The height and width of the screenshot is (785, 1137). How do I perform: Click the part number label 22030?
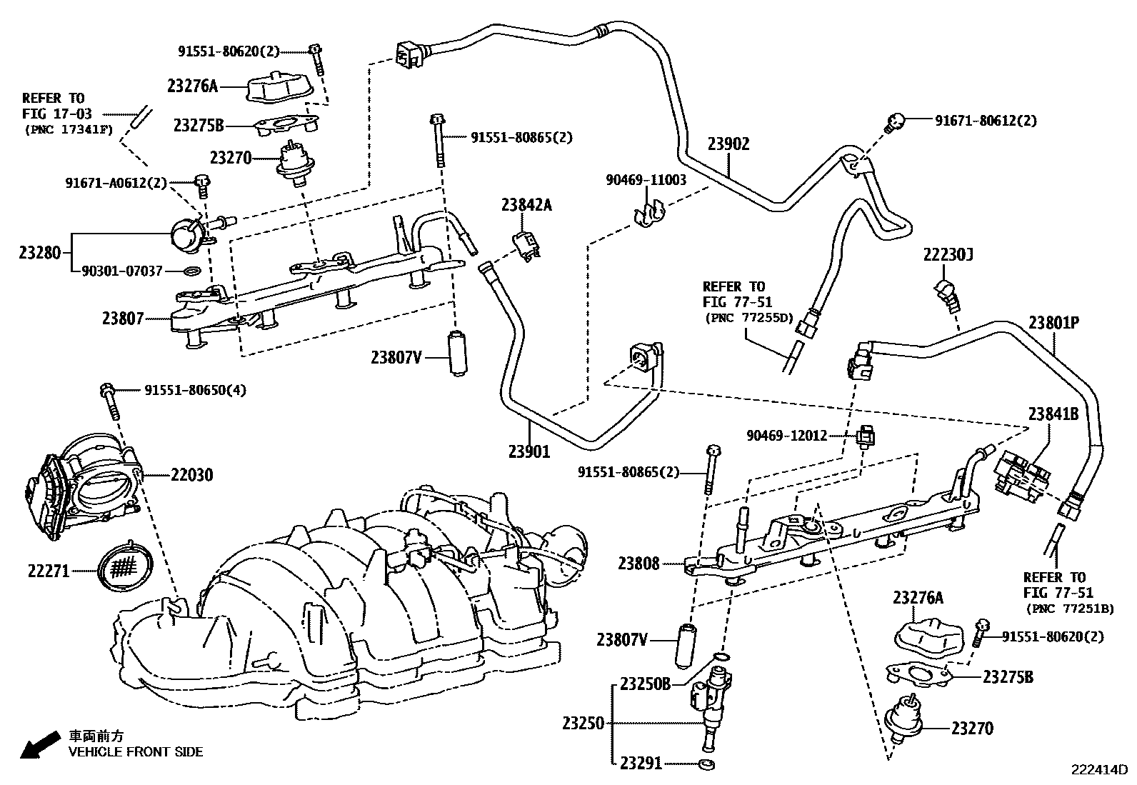point(192,475)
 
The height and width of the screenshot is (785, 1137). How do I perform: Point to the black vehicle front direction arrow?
point(40,745)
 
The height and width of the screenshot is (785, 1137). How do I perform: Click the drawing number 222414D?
point(1098,770)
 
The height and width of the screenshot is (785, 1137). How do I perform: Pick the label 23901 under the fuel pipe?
point(529,451)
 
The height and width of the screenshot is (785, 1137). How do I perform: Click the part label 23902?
point(728,144)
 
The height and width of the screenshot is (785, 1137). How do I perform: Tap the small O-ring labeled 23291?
point(706,764)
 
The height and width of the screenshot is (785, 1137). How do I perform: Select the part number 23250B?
point(646,684)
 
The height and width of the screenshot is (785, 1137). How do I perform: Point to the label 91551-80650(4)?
point(196,391)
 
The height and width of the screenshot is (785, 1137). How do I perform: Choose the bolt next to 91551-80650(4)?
point(111,401)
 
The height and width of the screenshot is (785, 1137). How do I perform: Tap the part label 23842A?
point(526,205)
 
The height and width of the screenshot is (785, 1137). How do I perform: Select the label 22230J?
point(948,254)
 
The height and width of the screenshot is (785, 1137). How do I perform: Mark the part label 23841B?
point(1053,414)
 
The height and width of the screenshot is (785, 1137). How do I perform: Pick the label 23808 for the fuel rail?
point(638,564)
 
